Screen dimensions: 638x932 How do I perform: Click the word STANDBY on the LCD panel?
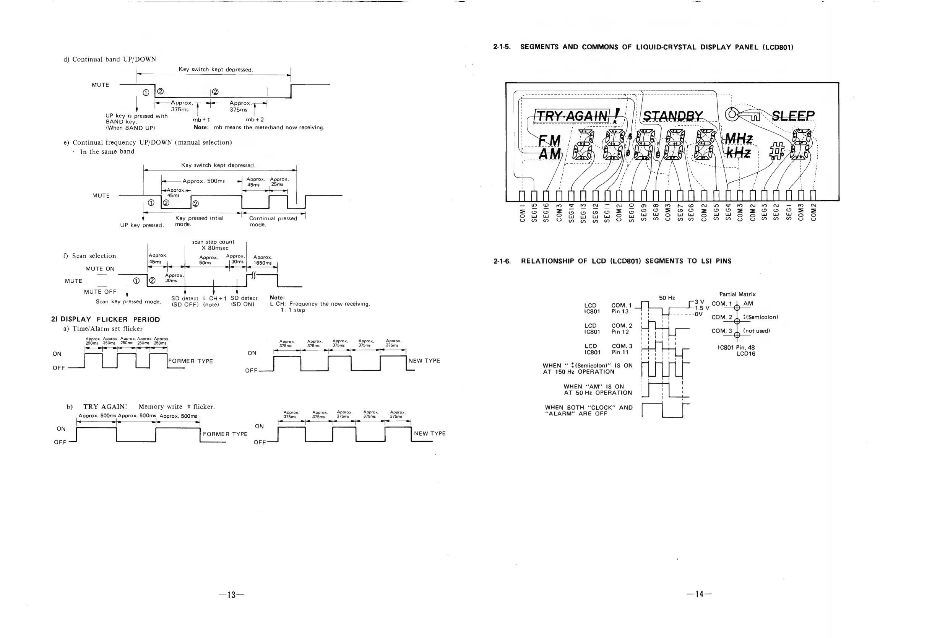[x=672, y=116]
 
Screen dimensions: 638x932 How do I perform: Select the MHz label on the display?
[x=738, y=139]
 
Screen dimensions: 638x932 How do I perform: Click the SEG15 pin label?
[x=534, y=213]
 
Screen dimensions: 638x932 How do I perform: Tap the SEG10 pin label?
[x=631, y=213]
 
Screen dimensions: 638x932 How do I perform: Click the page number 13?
[x=231, y=595]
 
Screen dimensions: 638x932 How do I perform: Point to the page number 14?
[x=699, y=594]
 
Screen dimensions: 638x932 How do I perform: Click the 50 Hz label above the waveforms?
[x=667, y=298]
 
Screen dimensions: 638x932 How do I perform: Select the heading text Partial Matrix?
[x=737, y=294]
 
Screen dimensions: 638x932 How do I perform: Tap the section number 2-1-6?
[x=502, y=261]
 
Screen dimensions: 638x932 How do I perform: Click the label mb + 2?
[x=255, y=120]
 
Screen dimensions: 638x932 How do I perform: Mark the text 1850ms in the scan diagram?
[x=263, y=263]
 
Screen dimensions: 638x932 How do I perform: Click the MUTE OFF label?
[x=100, y=292]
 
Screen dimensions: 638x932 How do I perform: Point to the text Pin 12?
[x=620, y=332]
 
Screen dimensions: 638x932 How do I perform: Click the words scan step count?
[x=213, y=242]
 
